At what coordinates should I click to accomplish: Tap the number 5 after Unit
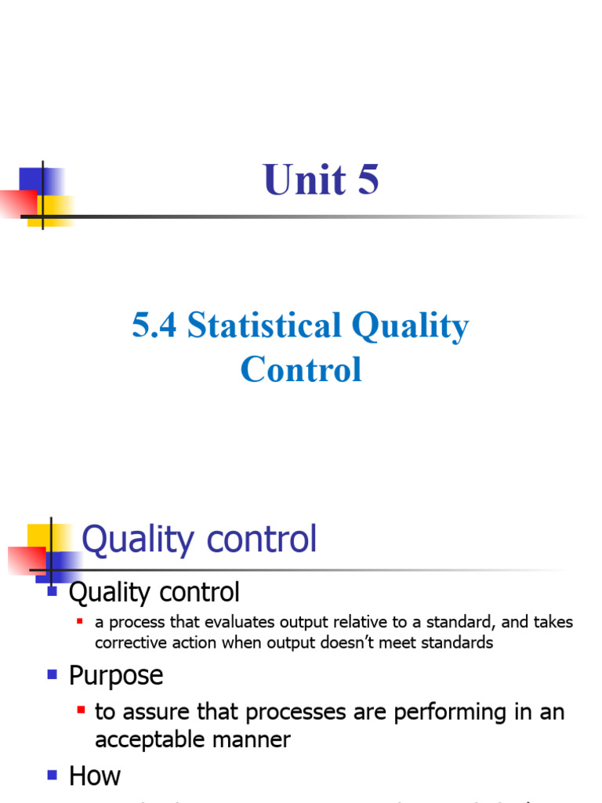(x=368, y=180)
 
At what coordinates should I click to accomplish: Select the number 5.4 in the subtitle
(x=156, y=325)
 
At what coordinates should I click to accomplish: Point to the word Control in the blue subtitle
(x=301, y=369)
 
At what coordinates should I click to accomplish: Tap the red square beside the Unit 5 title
(x=17, y=203)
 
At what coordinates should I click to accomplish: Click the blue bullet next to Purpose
(x=53, y=674)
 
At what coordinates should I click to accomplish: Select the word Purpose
(x=116, y=675)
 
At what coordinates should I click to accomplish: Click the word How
(x=95, y=776)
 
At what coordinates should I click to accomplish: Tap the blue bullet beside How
(x=53, y=775)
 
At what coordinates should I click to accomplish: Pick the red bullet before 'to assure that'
(x=81, y=710)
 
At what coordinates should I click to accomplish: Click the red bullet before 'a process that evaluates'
(x=80, y=622)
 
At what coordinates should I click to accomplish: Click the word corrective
(x=128, y=643)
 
